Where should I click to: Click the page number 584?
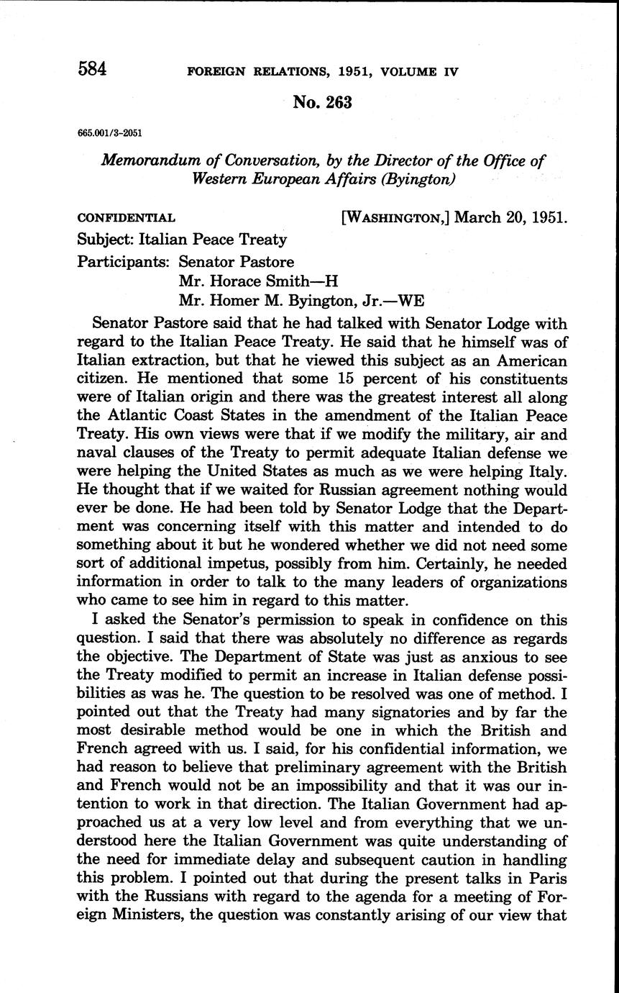point(93,69)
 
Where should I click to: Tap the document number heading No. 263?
point(322,103)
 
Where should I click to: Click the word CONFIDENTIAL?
point(126,218)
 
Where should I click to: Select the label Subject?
point(106,240)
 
